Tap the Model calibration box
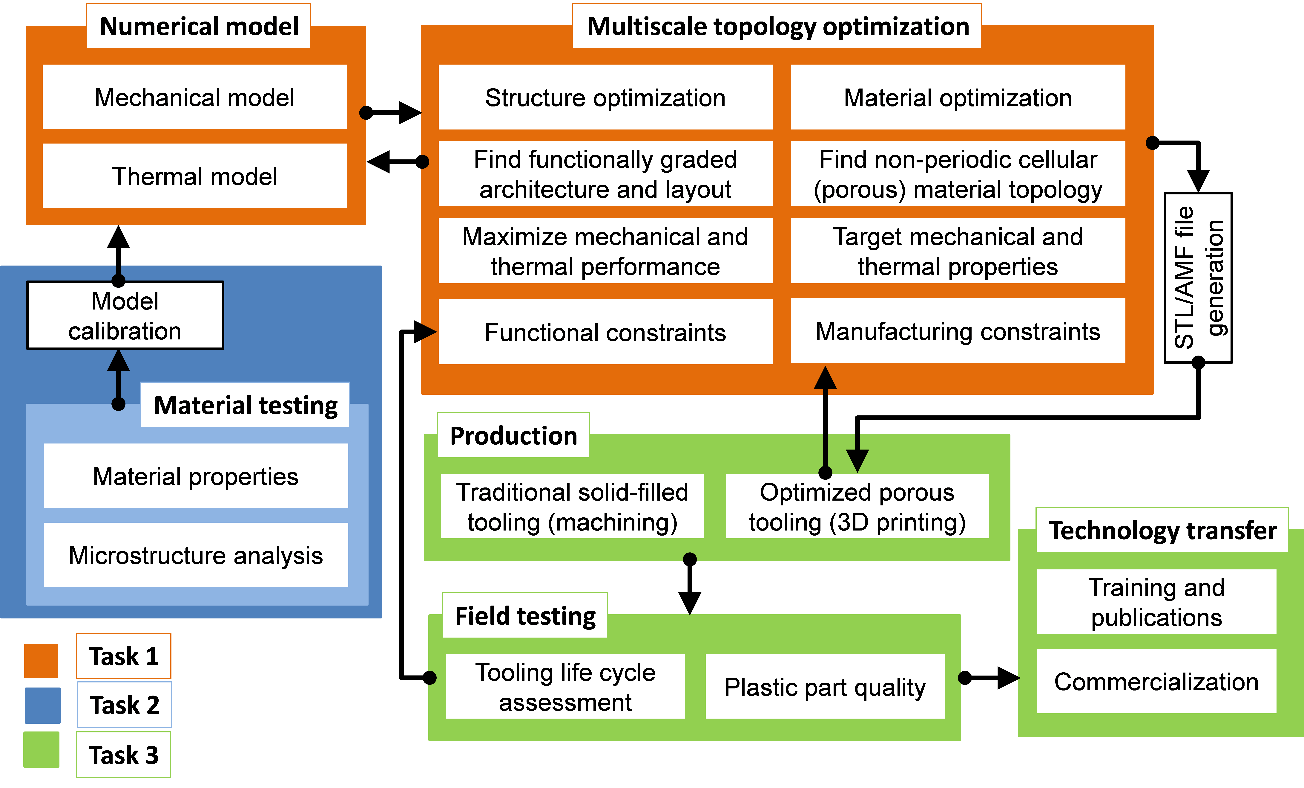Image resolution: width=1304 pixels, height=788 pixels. click(125, 316)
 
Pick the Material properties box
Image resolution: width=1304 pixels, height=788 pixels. click(196, 476)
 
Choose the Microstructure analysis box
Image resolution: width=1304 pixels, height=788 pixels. click(196, 555)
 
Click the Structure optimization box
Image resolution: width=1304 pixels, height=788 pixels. click(605, 97)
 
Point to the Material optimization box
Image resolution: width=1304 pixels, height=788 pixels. click(958, 97)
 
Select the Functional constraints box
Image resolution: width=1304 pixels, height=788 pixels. click(605, 332)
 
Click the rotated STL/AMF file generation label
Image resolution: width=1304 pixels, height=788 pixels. click(1198, 278)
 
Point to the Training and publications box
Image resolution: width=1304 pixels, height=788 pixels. click(1156, 602)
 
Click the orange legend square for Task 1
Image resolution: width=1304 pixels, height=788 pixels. click(41, 660)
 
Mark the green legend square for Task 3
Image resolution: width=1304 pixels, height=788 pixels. click(41, 749)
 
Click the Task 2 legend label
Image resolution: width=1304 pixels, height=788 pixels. click(124, 704)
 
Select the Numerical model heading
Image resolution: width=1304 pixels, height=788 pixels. click(199, 26)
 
